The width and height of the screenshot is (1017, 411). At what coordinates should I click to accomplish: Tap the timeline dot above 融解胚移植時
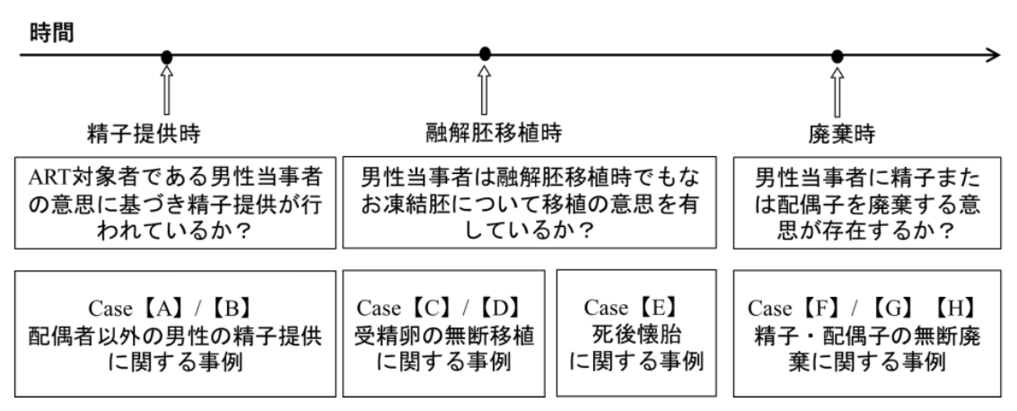[486, 54]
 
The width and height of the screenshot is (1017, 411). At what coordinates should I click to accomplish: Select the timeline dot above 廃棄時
[837, 57]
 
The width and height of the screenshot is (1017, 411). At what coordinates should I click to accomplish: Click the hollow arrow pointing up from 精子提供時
[166, 87]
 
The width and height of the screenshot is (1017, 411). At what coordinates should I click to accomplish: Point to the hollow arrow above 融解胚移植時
[486, 86]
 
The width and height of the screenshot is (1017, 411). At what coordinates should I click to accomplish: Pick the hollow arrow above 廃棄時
[837, 87]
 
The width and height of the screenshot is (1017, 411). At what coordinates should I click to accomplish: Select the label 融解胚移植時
[493, 135]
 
